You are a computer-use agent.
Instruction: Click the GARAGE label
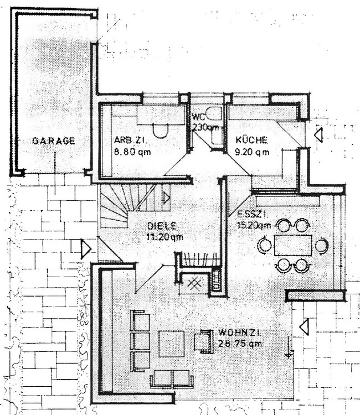click(53, 141)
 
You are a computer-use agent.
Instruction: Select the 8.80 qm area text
click(132, 151)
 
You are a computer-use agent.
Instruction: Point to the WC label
click(198, 117)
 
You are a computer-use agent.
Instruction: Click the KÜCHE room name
click(251, 140)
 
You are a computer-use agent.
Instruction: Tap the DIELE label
click(162, 226)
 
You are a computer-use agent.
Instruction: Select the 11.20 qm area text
click(164, 237)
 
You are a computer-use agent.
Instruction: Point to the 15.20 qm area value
click(254, 225)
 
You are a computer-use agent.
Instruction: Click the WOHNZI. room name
click(239, 333)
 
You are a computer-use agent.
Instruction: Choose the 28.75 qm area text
click(239, 344)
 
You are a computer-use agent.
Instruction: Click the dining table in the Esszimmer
click(292, 245)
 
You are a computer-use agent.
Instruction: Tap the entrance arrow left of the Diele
click(85, 248)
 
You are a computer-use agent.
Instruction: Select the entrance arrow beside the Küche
click(318, 134)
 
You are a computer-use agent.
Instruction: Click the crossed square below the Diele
click(193, 282)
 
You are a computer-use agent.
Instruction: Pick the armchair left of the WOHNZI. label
click(203, 341)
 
